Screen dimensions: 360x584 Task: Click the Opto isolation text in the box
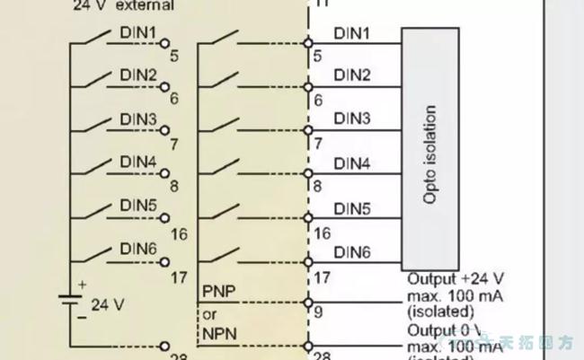430,155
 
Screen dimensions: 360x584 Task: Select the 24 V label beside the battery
108,303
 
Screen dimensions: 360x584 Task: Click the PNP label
217,291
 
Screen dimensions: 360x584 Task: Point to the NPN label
217,333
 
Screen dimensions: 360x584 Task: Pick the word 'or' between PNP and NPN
209,314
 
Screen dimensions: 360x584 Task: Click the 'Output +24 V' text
456,279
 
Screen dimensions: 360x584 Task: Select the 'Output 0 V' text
447,329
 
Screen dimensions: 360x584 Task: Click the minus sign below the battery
80,317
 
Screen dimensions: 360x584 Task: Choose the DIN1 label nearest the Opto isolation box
352,33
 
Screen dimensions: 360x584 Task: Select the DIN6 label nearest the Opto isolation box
352,253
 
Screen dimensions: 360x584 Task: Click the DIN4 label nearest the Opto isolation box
352,163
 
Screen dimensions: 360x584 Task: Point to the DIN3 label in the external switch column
138,119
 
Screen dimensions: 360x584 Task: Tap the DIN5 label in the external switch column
138,205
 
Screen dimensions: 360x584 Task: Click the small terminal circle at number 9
308,303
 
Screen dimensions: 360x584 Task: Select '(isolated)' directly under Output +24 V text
440,312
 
